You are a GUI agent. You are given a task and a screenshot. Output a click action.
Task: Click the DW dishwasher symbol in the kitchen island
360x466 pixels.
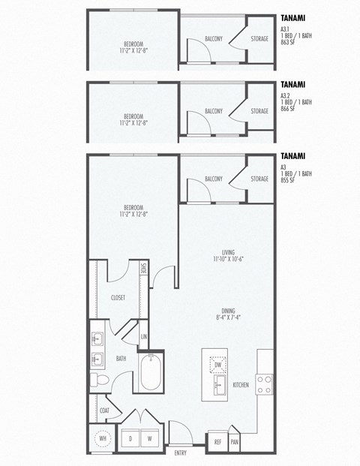point(218,364)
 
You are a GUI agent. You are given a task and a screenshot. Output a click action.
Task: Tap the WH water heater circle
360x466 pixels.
point(101,437)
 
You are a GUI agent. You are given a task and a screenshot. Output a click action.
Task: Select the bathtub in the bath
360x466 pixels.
point(151,374)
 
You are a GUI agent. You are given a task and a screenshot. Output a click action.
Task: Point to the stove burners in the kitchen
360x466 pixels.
point(265,384)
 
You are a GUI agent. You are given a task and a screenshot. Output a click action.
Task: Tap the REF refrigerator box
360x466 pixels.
point(217,442)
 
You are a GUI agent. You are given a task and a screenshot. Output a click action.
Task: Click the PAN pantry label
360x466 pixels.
point(235,442)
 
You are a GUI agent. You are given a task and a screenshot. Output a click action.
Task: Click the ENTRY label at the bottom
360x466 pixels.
point(181,453)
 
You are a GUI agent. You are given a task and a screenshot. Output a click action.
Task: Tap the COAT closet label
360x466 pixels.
point(104,410)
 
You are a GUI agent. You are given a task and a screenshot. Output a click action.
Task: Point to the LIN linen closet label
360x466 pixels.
point(143,337)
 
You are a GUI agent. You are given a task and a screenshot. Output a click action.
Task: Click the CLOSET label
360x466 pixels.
point(118,298)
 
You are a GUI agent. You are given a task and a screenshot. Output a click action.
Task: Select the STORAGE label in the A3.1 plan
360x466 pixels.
point(259,39)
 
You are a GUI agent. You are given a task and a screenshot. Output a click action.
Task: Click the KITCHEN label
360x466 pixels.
point(241,385)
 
